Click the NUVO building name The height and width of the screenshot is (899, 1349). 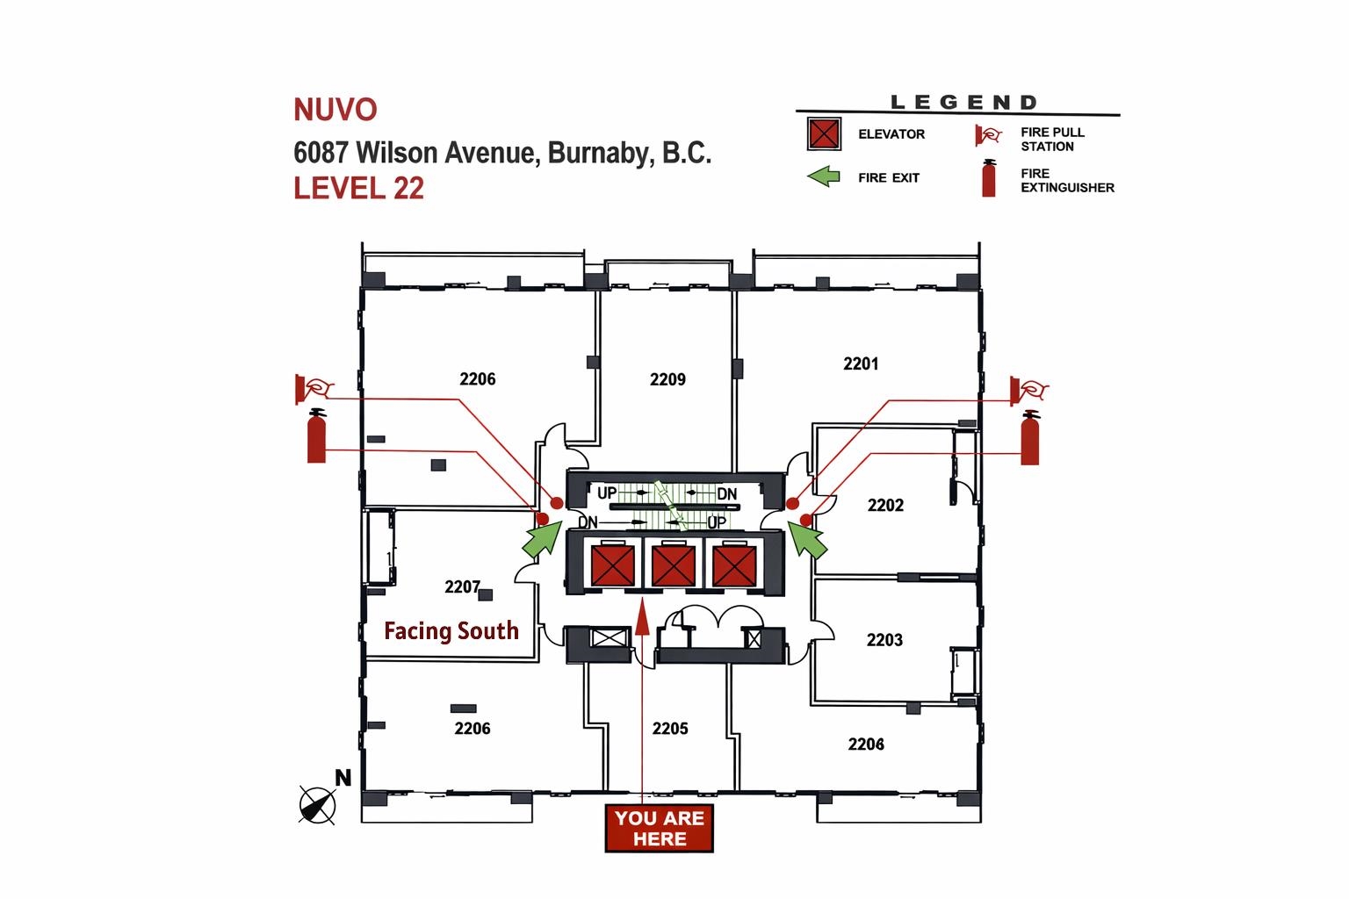click(x=335, y=110)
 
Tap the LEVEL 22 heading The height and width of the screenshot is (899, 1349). click(x=358, y=188)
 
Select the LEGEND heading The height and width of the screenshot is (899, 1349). click(x=963, y=103)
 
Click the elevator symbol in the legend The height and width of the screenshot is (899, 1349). click(x=824, y=134)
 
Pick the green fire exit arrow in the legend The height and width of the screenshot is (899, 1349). click(x=823, y=177)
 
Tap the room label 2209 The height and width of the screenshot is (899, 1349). click(x=667, y=379)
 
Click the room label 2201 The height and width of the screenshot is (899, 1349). click(x=861, y=363)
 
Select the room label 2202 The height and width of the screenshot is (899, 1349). click(x=885, y=505)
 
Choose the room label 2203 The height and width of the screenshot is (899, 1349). click(x=884, y=640)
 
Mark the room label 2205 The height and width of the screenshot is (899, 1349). click(x=670, y=729)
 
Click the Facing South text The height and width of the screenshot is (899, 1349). click(x=451, y=630)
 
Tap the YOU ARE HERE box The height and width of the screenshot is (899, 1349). click(x=660, y=828)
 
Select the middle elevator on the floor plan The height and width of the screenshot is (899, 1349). click(x=674, y=565)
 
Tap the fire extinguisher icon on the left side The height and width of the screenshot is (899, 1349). click(x=316, y=436)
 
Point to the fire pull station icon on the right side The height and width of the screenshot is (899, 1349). click(x=1028, y=389)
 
